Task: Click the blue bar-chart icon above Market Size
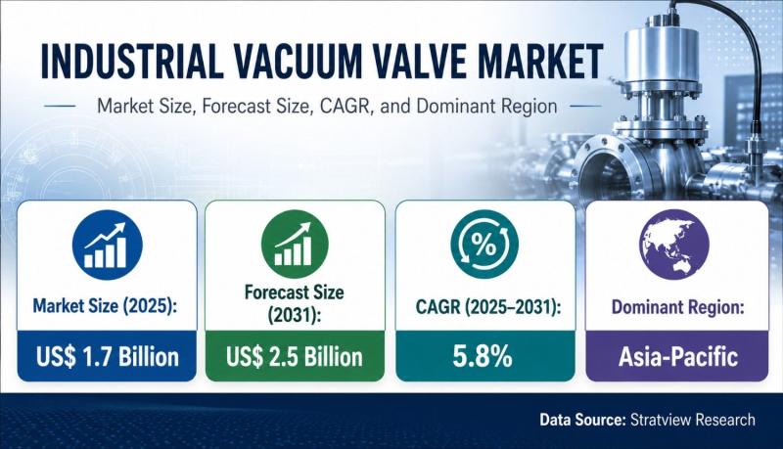[108, 245]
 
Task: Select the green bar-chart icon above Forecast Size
[295, 244]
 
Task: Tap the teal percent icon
[484, 244]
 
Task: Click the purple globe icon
[674, 244]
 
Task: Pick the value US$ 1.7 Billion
[108, 357]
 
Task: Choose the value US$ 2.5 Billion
[295, 357]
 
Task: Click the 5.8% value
[483, 357]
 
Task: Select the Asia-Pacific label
[678, 357]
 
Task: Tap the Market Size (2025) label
[106, 306]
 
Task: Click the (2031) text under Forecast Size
[295, 315]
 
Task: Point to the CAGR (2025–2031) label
[488, 307]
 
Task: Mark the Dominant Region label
[678, 307]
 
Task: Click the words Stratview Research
[693, 420]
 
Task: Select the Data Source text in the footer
[582, 420]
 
